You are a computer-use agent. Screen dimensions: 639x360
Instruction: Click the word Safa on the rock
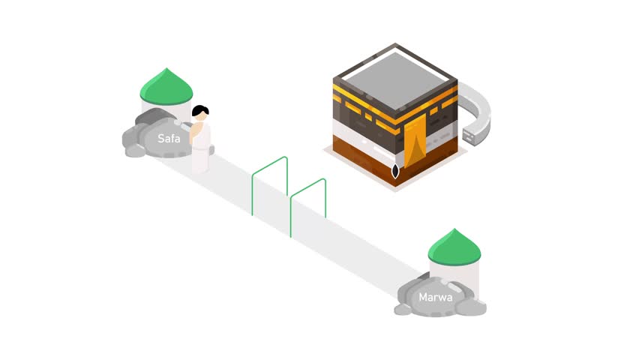pos(169,139)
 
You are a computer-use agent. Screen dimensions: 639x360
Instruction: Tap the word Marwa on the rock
pos(435,297)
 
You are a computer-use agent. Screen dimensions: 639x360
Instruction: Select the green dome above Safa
pos(166,87)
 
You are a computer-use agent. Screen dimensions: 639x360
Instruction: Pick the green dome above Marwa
pos(454,247)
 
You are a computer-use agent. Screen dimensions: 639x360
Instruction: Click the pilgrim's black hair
pos(199,109)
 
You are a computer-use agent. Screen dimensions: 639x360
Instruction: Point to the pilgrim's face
pos(201,116)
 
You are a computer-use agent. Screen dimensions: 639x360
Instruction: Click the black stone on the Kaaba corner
pos(395,171)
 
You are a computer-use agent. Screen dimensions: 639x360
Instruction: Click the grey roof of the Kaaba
pos(395,80)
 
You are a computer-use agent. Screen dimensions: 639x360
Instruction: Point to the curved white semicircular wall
pos(478,109)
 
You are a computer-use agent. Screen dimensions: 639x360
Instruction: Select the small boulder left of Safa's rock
pos(135,151)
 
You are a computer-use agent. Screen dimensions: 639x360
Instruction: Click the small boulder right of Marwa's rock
pos(472,307)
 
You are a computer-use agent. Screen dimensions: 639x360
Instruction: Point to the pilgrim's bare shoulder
pos(196,127)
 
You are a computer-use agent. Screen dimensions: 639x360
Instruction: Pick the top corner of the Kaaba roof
pos(395,43)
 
